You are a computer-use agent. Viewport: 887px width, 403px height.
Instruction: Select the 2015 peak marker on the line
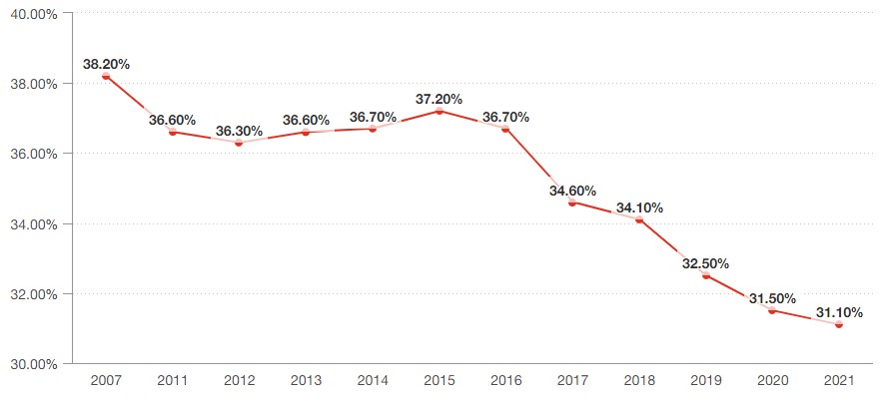click(440, 111)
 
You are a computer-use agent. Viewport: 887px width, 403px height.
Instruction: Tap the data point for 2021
click(839, 324)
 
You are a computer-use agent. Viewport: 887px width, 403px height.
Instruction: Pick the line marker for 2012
click(239, 143)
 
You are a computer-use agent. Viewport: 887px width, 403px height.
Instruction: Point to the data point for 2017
click(572, 201)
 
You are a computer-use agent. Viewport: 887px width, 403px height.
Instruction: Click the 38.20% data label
click(106, 64)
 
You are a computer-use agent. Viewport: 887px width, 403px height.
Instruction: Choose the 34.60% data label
click(572, 190)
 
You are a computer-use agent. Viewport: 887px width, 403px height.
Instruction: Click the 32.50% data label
click(705, 263)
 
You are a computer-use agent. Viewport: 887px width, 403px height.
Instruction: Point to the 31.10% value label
click(839, 312)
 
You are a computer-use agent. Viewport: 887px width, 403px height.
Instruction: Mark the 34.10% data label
click(639, 207)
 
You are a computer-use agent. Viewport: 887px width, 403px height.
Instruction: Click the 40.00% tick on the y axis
click(35, 14)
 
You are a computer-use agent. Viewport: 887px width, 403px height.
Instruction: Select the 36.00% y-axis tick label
click(35, 154)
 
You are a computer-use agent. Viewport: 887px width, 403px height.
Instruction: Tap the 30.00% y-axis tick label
click(35, 363)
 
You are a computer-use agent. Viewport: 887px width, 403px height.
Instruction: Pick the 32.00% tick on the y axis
click(35, 294)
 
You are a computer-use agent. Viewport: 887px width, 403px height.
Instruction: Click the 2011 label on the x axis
click(173, 381)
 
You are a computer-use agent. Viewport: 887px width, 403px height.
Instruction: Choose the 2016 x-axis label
click(506, 381)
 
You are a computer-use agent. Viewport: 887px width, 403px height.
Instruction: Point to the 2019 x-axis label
click(705, 381)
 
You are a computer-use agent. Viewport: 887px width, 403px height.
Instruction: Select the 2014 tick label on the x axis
click(373, 381)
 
